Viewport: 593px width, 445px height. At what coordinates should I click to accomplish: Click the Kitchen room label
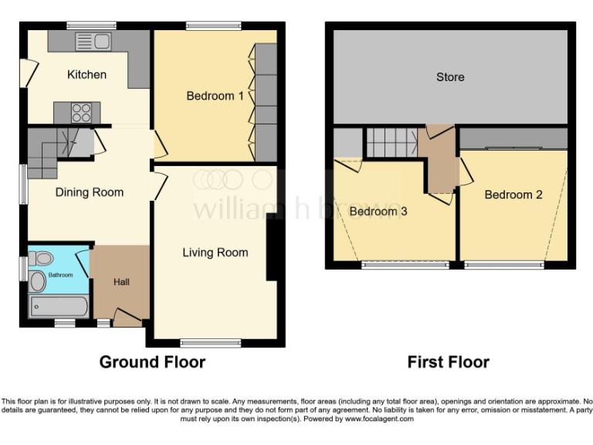point(86,75)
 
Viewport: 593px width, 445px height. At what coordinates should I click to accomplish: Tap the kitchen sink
point(95,42)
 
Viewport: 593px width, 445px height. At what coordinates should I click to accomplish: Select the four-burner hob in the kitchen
point(81,113)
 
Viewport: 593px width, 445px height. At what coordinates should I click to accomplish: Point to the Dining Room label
point(89,192)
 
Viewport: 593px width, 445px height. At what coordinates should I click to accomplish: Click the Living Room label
point(215,253)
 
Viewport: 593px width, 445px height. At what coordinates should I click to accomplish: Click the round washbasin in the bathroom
point(38,282)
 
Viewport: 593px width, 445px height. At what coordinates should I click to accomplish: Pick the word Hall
point(121,283)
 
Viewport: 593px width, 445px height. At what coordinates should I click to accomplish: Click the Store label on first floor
point(450,77)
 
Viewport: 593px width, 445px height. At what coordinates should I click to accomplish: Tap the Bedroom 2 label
point(513,195)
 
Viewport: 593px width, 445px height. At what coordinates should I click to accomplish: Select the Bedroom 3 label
point(378,211)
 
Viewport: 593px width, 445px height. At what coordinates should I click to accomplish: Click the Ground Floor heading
point(152,362)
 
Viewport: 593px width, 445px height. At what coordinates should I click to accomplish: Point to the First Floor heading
point(449,362)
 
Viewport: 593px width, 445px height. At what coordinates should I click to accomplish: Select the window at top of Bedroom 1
point(213,26)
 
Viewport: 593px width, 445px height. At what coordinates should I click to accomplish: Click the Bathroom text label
point(61,275)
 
